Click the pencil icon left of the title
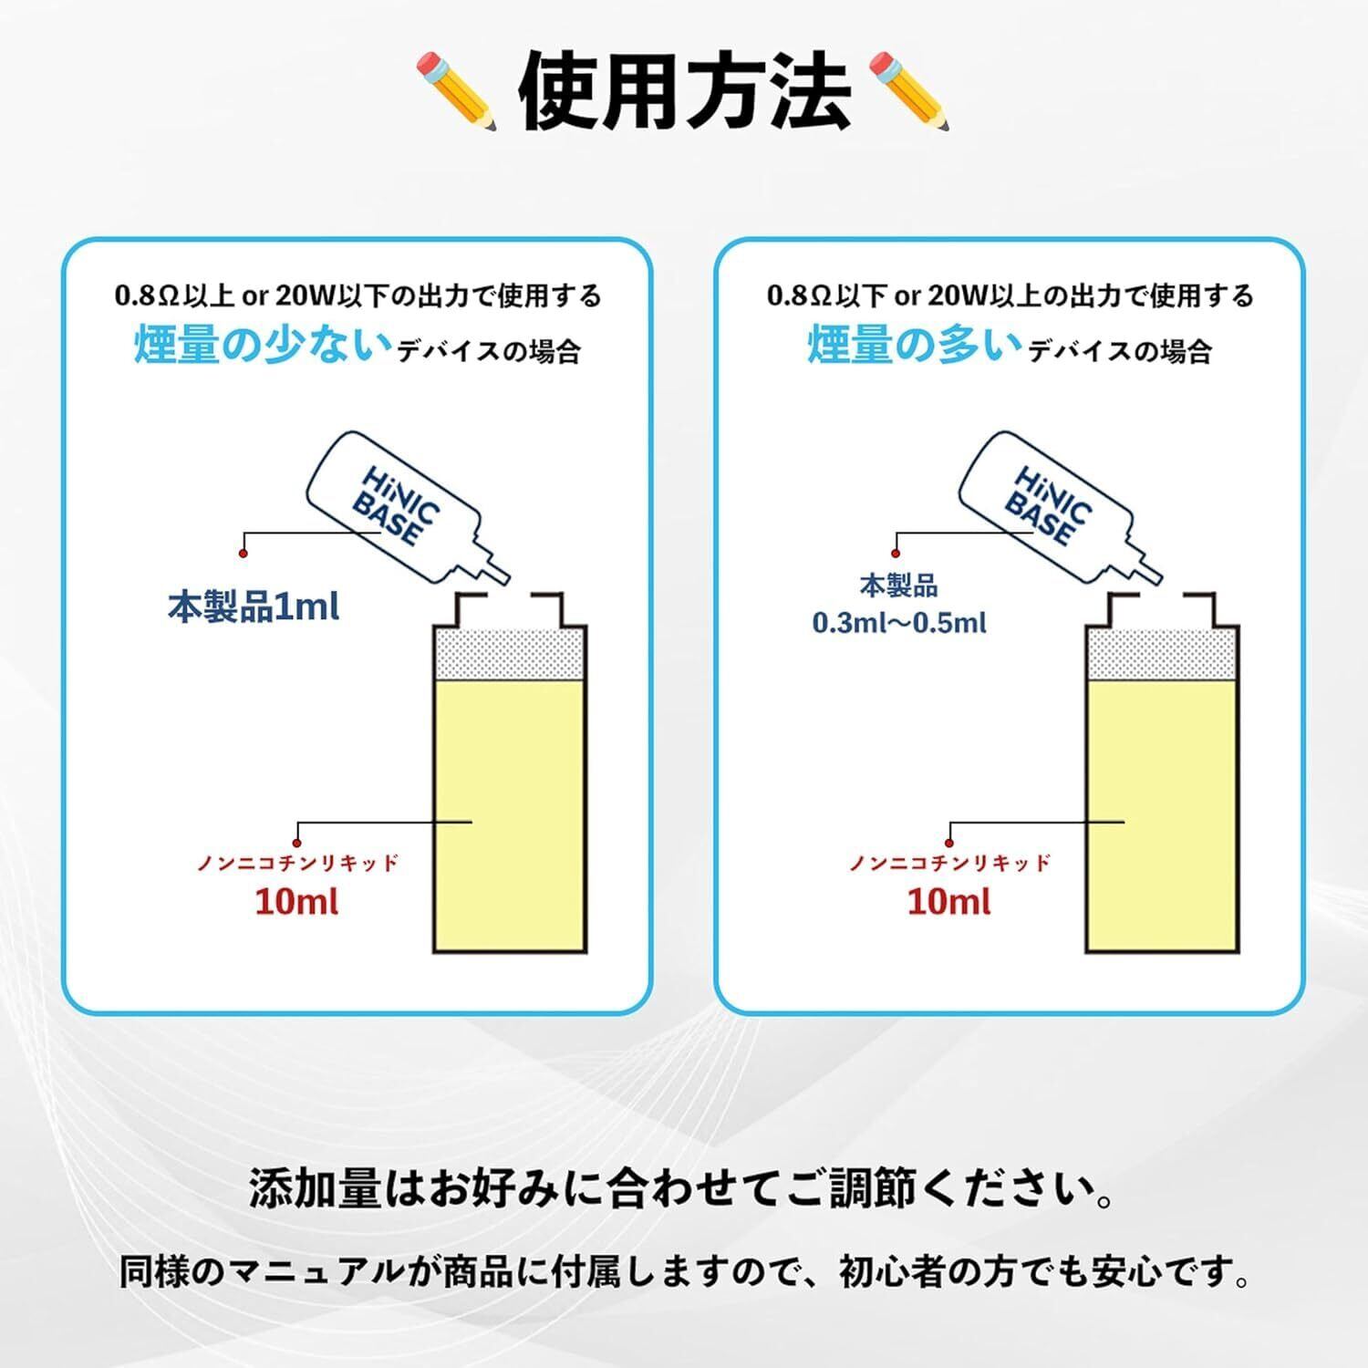(457, 89)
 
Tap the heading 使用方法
(684, 92)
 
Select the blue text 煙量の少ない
(263, 346)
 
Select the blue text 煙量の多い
(915, 346)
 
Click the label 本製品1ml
(254, 606)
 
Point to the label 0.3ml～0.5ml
(899, 623)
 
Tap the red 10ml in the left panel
(296, 902)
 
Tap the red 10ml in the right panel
(948, 902)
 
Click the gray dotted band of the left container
(510, 653)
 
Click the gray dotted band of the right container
(1162, 653)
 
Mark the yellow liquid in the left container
(510, 812)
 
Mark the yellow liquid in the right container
(1162, 812)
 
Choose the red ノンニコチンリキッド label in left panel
(298, 863)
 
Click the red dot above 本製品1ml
(243, 553)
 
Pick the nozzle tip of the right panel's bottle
(1156, 577)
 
